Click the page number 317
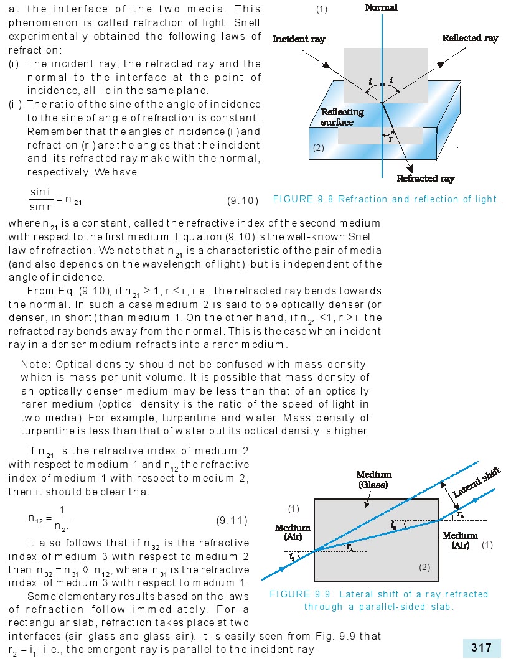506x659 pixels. coord(482,648)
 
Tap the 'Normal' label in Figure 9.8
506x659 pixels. coord(381,7)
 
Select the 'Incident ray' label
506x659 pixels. coord(299,39)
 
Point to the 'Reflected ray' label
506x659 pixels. coord(470,38)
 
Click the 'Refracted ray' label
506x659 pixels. coord(425,179)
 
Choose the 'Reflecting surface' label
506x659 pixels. coord(342,117)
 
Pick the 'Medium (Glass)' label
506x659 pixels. coord(375,480)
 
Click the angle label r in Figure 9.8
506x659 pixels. coord(390,139)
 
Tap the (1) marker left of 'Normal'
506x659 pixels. coord(321,9)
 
